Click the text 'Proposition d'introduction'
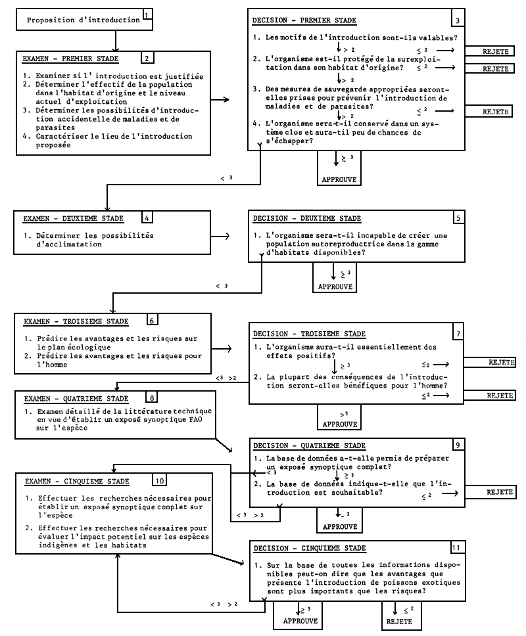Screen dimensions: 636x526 (x=83, y=20)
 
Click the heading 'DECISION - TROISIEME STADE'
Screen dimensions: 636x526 (x=309, y=334)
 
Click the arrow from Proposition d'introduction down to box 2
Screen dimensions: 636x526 (x=116, y=41)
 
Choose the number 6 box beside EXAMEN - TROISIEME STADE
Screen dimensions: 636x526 (x=152, y=321)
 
